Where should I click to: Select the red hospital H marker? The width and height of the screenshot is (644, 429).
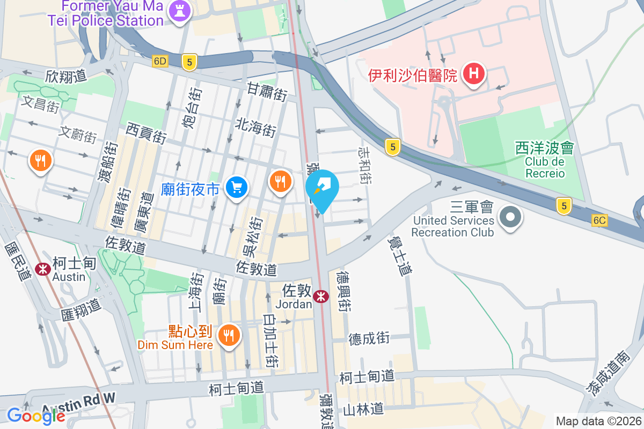[x=474, y=73]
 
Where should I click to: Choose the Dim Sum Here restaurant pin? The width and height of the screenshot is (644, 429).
[x=229, y=336]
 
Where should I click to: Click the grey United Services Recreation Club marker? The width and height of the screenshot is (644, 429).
[x=510, y=217]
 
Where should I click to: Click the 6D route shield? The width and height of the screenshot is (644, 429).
[x=160, y=61]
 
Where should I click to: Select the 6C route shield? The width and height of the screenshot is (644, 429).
[x=599, y=220]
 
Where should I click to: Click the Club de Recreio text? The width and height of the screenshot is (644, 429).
[x=545, y=167]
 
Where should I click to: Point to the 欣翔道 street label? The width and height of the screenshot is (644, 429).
[x=66, y=76]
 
